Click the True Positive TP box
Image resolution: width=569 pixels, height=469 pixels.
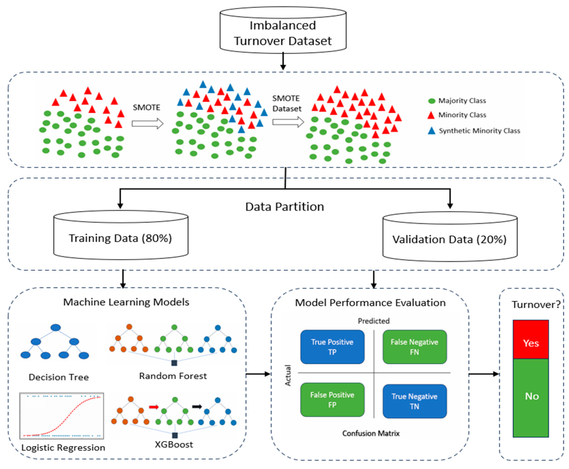point(332,347)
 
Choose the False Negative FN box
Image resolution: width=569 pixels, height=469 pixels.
point(414,347)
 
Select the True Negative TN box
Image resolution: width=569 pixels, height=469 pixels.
point(414,401)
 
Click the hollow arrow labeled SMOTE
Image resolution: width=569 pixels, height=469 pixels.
point(147,124)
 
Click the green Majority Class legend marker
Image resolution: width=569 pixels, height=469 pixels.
point(432,101)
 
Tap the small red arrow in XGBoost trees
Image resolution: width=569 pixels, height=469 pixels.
point(154,407)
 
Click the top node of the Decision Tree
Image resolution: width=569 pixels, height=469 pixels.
point(56,328)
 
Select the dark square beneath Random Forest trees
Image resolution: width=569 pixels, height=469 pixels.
point(174,363)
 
